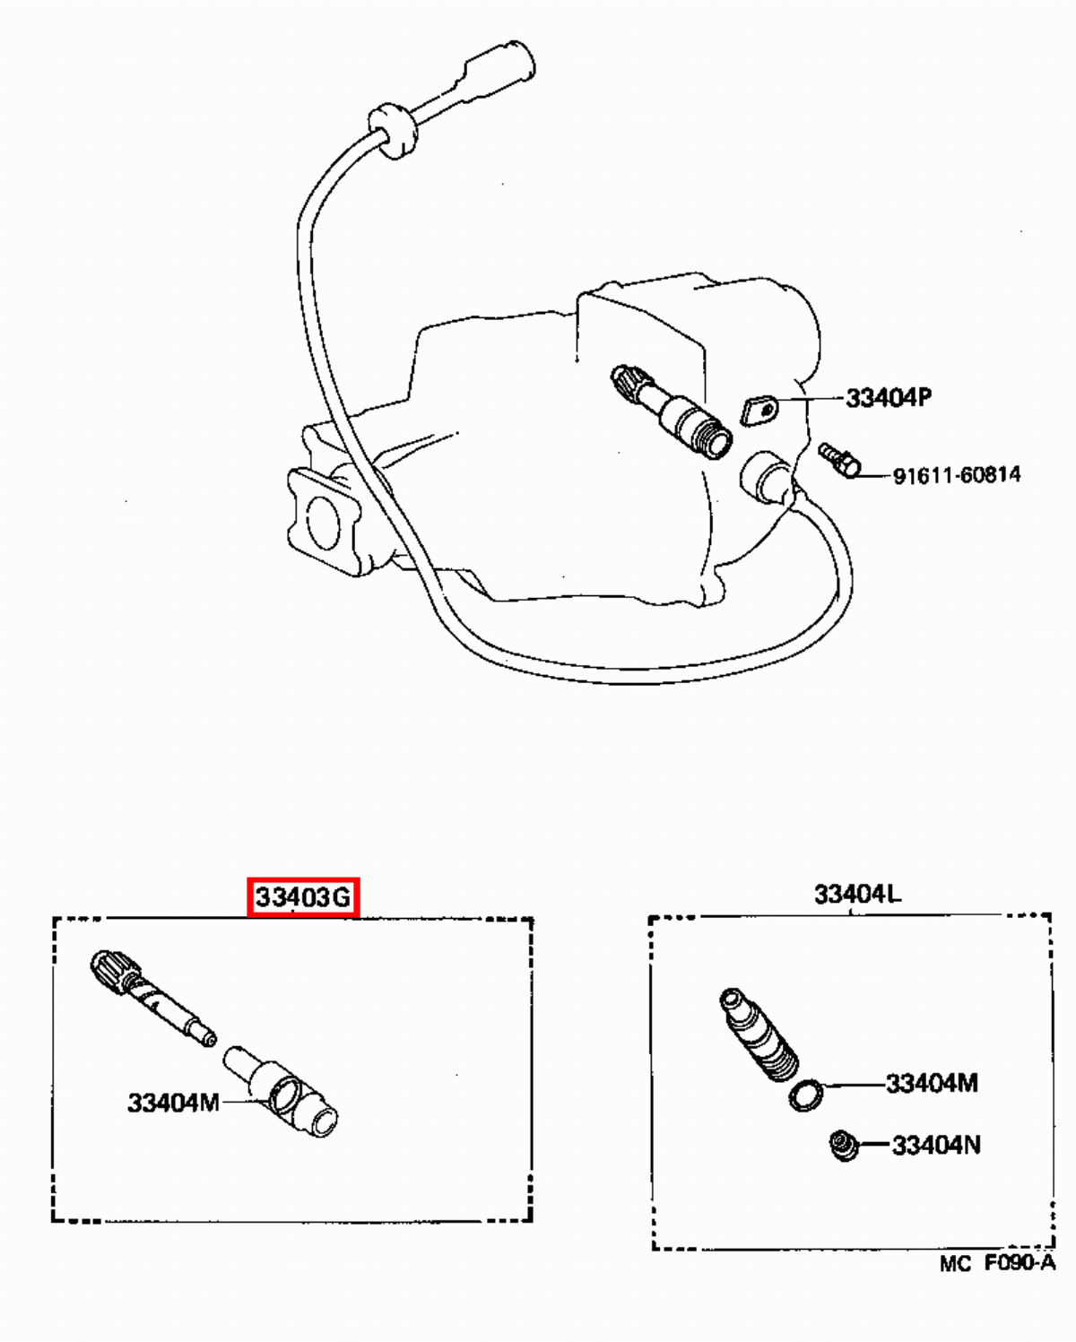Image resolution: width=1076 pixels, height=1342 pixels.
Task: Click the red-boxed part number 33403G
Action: [x=303, y=896]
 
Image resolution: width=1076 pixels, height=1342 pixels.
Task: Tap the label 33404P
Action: [x=888, y=397]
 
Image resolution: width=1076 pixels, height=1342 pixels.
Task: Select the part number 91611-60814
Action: [x=956, y=474]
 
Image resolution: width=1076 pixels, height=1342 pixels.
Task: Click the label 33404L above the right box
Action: [x=857, y=894]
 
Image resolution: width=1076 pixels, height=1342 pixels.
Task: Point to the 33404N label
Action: [x=935, y=1145]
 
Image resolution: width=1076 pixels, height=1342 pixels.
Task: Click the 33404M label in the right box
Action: [x=932, y=1083]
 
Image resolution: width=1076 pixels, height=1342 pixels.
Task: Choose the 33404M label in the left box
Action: [x=173, y=1102]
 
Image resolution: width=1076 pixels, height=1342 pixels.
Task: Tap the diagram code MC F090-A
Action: [x=997, y=1263]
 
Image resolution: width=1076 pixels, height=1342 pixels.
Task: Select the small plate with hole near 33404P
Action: [x=759, y=411]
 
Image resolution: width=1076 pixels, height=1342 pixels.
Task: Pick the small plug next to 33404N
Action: [x=843, y=1146]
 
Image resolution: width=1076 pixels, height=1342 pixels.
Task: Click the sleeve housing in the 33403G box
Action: [x=283, y=1090]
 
